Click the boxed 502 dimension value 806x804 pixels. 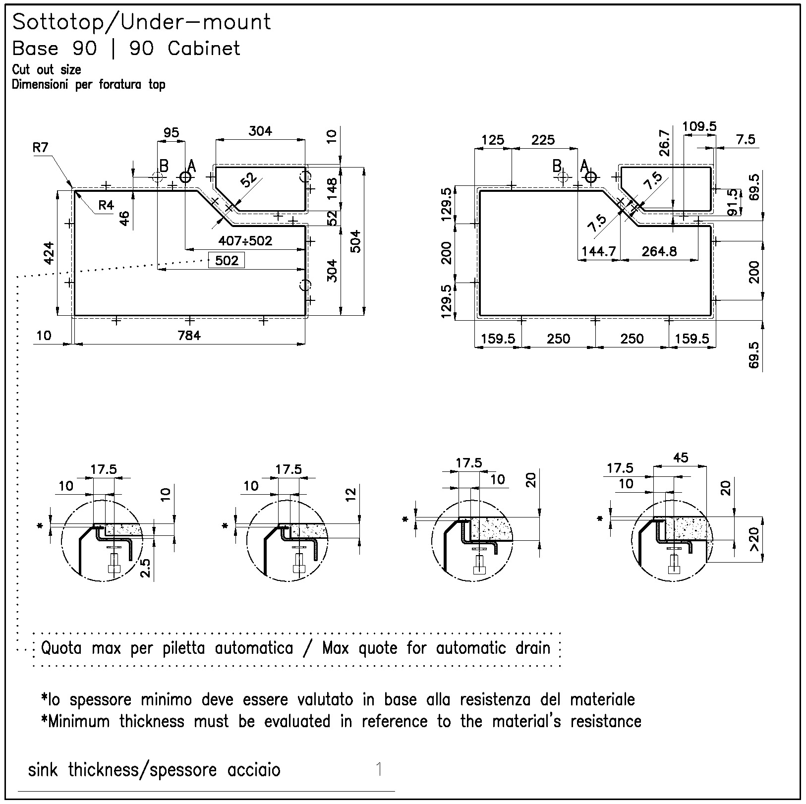(x=227, y=260)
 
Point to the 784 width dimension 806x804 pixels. (x=189, y=336)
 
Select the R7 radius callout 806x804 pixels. (x=41, y=147)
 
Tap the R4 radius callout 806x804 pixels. (x=106, y=205)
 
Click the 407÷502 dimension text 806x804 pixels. (x=245, y=241)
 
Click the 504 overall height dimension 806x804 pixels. (x=356, y=242)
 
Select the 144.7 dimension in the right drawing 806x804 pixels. (x=599, y=251)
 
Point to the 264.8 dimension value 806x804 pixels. (x=659, y=251)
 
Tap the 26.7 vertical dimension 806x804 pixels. (x=665, y=143)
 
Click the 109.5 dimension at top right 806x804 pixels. (x=699, y=126)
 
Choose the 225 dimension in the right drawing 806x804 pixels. (x=543, y=140)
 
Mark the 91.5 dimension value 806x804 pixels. (x=732, y=202)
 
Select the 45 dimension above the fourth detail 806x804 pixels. (x=681, y=458)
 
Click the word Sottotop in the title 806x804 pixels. (x=57, y=22)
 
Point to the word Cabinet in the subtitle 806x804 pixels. (x=204, y=49)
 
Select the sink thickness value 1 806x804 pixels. (x=379, y=769)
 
